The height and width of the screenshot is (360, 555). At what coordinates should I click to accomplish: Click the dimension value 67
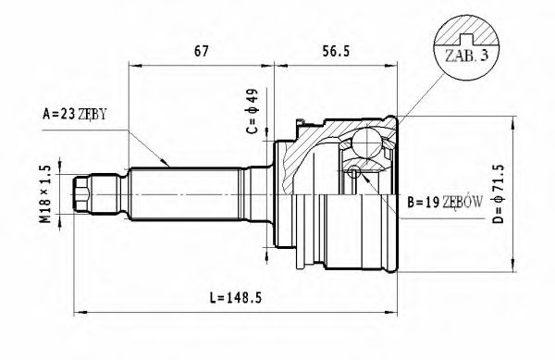click(201, 53)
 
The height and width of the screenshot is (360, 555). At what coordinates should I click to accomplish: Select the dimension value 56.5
click(335, 53)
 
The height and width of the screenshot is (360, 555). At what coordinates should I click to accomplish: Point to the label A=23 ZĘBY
click(75, 114)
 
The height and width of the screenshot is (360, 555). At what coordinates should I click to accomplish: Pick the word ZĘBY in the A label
click(93, 114)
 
